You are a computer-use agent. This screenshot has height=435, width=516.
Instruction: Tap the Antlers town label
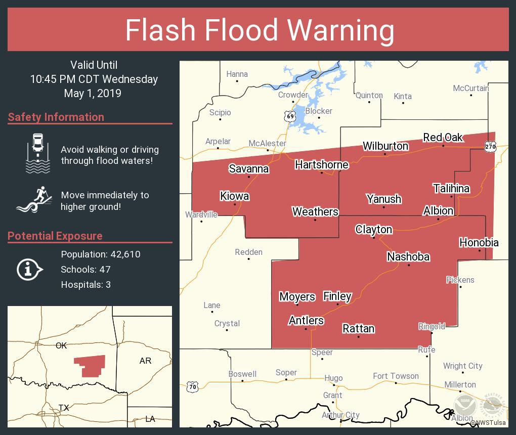[x=306, y=320]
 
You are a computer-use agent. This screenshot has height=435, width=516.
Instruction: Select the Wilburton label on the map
[x=385, y=146]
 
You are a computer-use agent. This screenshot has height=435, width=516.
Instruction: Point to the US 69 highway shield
[x=289, y=116]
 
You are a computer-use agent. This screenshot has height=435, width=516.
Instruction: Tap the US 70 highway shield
[x=193, y=387]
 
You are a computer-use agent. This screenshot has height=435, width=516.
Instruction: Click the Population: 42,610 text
[x=101, y=254]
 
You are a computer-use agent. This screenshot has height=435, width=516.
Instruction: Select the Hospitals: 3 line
[x=86, y=284]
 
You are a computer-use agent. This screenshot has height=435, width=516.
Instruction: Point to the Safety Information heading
[x=56, y=117]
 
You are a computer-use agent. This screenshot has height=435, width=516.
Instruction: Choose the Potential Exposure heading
[x=55, y=236]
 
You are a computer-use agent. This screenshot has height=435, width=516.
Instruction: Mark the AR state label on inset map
[x=145, y=361]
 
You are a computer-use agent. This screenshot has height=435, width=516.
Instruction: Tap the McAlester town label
[x=267, y=143]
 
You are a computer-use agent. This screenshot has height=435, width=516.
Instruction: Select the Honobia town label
[x=479, y=242]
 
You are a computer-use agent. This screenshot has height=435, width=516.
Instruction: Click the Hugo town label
[x=333, y=378]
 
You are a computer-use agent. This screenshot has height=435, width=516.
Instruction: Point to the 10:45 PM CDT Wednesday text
[x=94, y=79]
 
